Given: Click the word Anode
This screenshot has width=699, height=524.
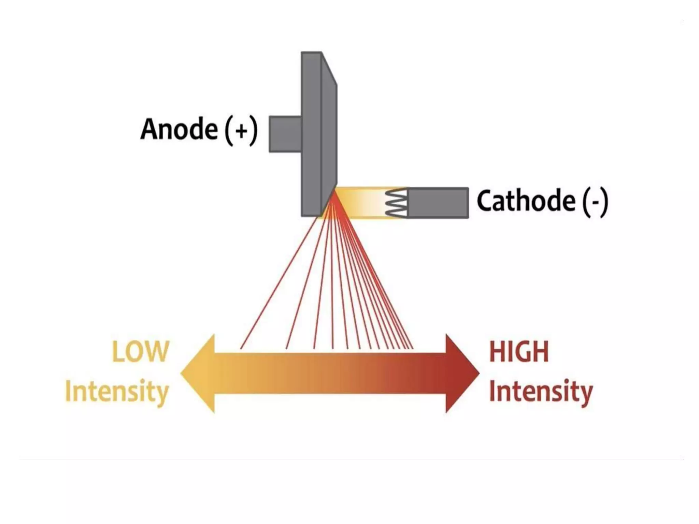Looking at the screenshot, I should pos(179,129).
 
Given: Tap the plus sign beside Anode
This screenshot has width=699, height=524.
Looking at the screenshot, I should pos(241,131).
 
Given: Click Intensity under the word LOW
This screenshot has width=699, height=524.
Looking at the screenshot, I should pos(117,392).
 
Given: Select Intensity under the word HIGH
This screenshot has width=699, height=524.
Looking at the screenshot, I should pos(541,392).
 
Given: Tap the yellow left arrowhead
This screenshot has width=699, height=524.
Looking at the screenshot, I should pos(200,373).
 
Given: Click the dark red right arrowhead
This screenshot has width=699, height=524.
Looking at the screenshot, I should pos(461,373).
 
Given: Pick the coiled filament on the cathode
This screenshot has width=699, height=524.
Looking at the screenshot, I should pos(396,203).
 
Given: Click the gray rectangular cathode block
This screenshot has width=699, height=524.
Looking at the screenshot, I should pos(438,203).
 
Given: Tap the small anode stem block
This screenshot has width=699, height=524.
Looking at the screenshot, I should pos(285,134).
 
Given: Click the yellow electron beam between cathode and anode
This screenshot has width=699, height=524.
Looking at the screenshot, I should pos(362,203).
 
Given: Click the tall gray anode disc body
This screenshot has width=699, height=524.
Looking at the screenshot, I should pos(311,133).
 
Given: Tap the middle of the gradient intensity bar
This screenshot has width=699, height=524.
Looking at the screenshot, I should pos(330,373).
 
